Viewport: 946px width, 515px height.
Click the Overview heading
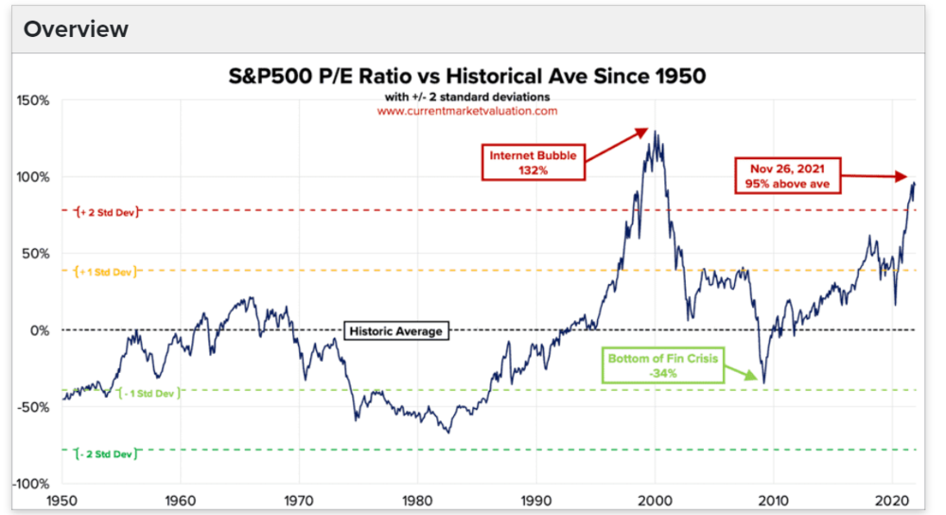pos(76,29)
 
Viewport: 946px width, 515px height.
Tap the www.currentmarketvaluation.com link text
pos(467,111)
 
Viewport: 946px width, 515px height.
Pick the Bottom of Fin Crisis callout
pos(663,366)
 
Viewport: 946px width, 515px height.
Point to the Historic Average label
pos(396,331)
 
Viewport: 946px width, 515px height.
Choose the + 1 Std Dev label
pos(105,272)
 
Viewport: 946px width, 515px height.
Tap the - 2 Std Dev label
pos(106,454)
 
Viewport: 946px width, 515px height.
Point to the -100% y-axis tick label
pos(32,484)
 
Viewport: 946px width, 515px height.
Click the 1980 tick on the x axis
pos(417,499)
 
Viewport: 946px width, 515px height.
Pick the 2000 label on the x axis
pos(655,499)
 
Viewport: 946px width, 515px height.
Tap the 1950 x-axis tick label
pos(61,499)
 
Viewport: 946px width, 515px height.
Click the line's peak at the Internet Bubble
pos(656,132)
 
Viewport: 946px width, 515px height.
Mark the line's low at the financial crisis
pos(763,382)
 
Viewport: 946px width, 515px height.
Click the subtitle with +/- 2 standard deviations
pos(468,96)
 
